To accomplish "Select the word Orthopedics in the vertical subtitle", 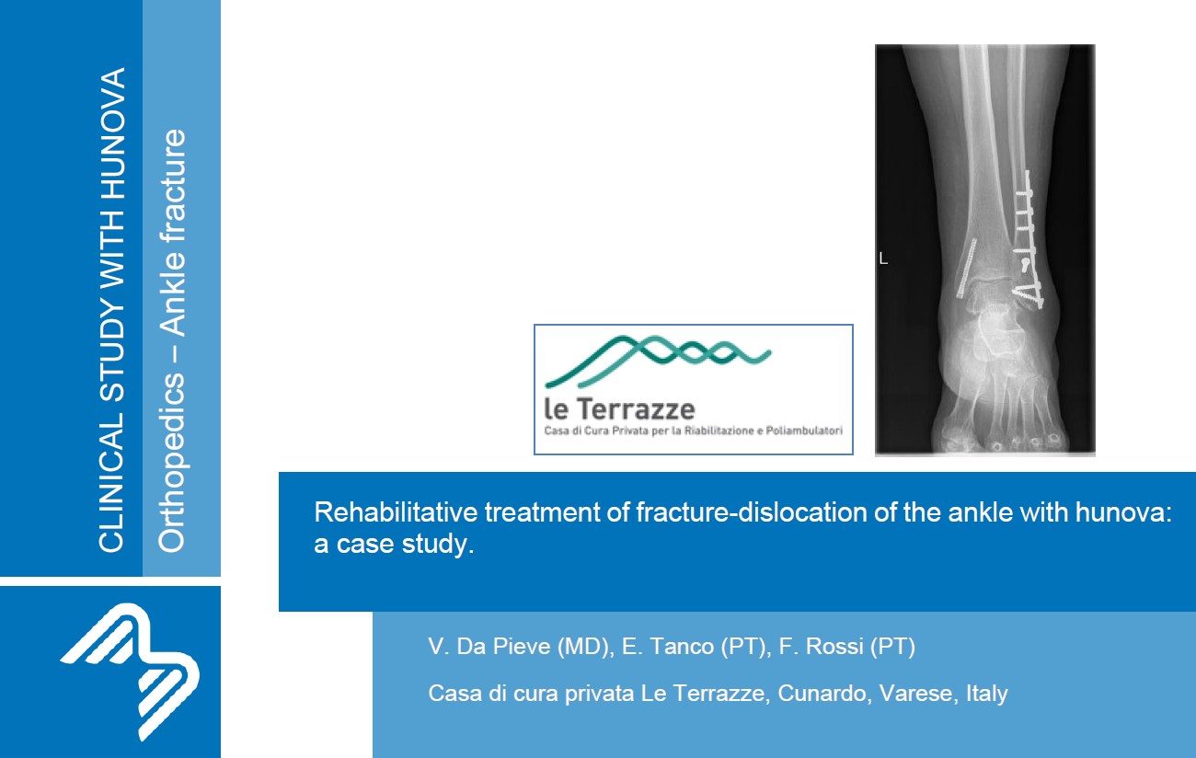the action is tap(172, 463).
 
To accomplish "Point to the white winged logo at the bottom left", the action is tap(131, 672).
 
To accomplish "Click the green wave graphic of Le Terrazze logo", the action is tap(658, 361).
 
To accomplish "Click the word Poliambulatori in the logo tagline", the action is tap(804, 431).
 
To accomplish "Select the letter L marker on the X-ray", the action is tap(883, 258).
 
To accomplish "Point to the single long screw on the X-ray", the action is tap(967, 268).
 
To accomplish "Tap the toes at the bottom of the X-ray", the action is tap(998, 439).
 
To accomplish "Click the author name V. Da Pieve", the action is tap(489, 647).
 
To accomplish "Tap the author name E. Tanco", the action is tap(667, 647).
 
